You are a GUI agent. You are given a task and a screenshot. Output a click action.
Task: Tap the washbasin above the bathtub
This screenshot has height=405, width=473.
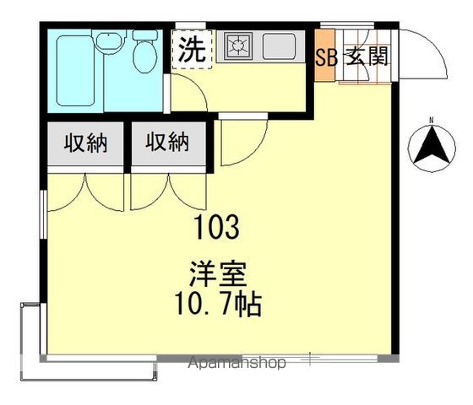pos(107,42)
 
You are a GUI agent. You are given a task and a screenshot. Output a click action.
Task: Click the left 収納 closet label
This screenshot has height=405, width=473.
pos(84,143)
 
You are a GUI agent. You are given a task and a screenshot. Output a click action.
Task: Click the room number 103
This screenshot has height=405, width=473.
pos(218,226)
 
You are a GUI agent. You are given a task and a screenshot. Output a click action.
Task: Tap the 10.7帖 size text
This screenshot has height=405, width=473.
pos(219,304)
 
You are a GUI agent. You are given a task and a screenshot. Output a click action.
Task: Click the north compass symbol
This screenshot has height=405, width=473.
pos(432,148)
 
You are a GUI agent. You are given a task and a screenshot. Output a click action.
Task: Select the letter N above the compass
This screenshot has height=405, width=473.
pos(432,119)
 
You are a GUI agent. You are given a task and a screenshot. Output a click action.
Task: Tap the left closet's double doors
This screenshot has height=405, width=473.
pos(84,190)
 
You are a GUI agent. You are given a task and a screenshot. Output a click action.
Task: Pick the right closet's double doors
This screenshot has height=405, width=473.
pos(168,190)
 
